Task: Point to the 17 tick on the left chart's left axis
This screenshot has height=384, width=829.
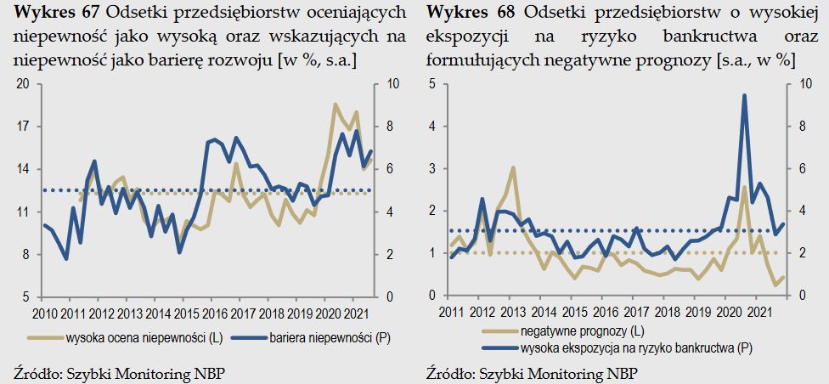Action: (x=24, y=126)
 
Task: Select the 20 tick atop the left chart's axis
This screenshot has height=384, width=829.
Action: (x=24, y=83)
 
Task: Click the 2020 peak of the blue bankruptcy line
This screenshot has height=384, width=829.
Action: (x=744, y=96)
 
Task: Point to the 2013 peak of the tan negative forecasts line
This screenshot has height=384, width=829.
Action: (x=513, y=167)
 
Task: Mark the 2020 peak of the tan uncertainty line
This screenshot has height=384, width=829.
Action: (x=336, y=104)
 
